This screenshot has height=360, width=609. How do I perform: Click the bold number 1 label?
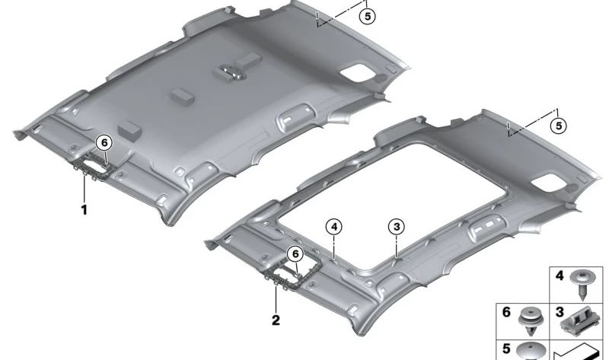tap(84, 210)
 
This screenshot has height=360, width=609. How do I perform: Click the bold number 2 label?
tap(276, 320)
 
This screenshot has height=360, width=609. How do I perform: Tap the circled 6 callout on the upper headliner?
tap(104, 143)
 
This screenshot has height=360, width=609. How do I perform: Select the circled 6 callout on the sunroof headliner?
tap(295, 254)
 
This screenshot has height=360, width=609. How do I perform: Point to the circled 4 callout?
tap(334, 227)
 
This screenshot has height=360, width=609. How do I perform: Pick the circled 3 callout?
tap(396, 227)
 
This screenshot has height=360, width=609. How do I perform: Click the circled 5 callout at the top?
tap(368, 16)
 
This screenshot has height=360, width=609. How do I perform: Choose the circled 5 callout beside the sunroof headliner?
tap(559, 126)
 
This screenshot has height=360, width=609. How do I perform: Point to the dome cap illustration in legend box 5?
tap(531, 352)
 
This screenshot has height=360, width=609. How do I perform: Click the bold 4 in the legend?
tap(560, 276)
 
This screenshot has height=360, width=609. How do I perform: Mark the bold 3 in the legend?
tap(560, 312)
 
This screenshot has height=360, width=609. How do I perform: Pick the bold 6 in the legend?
tap(506, 312)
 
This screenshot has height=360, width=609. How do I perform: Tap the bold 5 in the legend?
tap(506, 349)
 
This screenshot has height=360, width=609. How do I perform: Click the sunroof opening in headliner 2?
tap(392, 205)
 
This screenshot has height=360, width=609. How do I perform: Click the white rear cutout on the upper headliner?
tap(357, 73)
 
